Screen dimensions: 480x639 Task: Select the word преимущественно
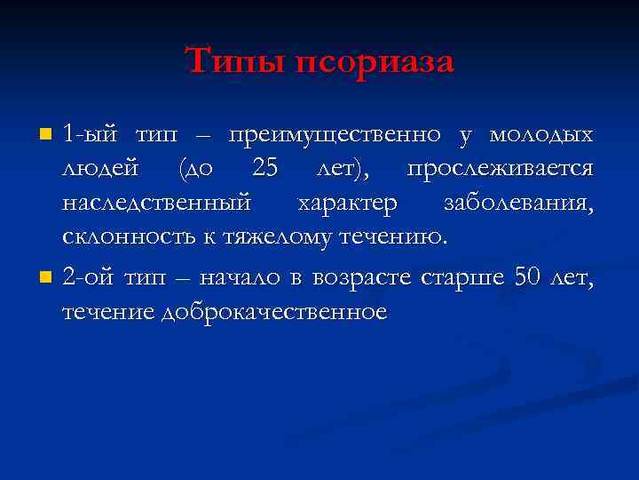click(x=335, y=136)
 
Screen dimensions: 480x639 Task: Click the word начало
click(x=240, y=278)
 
